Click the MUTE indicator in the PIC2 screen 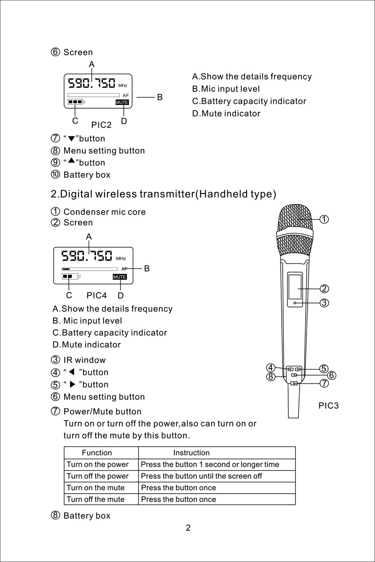[x=122, y=102]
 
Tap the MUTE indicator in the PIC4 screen [x=120, y=277]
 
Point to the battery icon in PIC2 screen [x=76, y=102]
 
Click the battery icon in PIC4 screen [x=71, y=277]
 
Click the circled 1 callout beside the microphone [x=324, y=219]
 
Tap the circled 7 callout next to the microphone [x=324, y=383]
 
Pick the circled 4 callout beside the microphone [x=270, y=368]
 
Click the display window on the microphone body [x=294, y=287]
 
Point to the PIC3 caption [x=328, y=406]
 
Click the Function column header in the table [x=97, y=453]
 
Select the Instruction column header [x=191, y=453]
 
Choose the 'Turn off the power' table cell [x=97, y=476]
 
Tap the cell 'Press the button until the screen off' [x=202, y=476]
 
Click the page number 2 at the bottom [x=188, y=528]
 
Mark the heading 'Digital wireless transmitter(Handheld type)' [x=163, y=194]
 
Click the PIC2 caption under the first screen [x=102, y=125]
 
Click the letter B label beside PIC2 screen [x=160, y=97]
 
